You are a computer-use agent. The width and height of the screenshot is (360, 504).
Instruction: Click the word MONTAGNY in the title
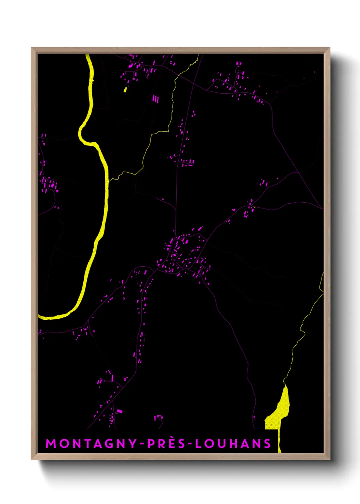pyautogui.click(x=91, y=443)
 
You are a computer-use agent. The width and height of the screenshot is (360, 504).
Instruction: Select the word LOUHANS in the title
pyautogui.click(x=233, y=443)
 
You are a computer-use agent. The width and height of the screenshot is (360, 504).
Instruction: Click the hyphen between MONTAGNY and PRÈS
pyautogui.click(x=142, y=443)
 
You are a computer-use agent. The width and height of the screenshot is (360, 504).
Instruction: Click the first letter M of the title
pyautogui.click(x=51, y=443)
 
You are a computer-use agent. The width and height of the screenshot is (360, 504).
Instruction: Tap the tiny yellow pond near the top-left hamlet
pyautogui.click(x=125, y=90)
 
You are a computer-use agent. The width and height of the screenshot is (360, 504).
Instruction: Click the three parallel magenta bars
pyautogui.click(x=156, y=99)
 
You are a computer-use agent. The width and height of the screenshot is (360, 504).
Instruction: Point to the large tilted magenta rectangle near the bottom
pyautogui.click(x=119, y=411)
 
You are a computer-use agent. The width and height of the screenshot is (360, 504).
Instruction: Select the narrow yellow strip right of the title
pyautogui.click(x=279, y=441)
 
